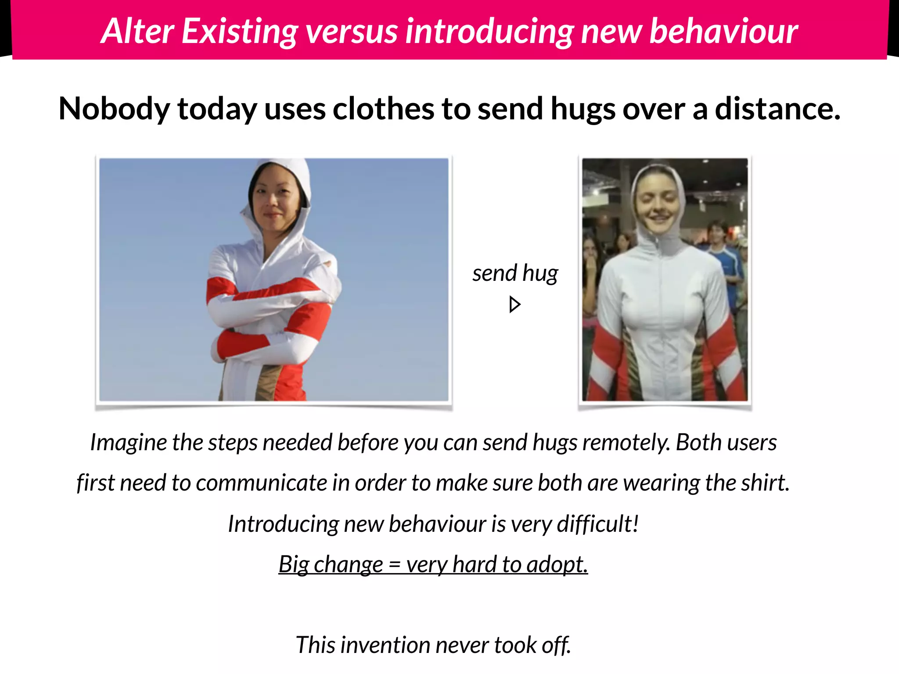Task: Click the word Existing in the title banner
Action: click(240, 32)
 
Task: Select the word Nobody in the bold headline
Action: click(114, 109)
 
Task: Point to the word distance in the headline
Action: click(777, 109)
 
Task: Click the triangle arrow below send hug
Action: click(514, 305)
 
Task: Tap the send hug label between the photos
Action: click(515, 273)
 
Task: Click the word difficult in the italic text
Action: click(597, 523)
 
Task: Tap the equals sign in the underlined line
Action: click(394, 565)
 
